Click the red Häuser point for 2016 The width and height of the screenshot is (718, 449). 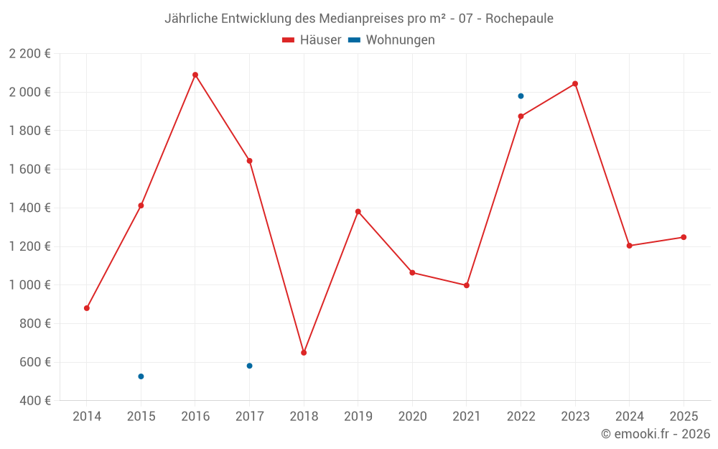[195, 75]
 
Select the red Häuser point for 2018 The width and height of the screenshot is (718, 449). [304, 353]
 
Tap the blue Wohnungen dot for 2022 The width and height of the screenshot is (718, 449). [521, 96]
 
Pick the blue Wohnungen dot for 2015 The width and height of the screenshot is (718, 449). [141, 376]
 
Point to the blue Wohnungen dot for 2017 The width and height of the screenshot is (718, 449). [249, 366]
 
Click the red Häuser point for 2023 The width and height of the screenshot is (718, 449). [575, 83]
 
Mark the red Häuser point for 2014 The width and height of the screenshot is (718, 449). [87, 308]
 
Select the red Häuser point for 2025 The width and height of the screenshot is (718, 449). [684, 237]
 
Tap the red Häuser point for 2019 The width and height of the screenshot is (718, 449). [358, 211]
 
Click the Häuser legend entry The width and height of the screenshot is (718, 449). [312, 40]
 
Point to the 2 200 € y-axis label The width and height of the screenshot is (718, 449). [29, 53]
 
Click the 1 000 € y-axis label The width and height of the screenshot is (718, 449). [29, 285]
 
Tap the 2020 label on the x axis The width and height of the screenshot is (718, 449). [412, 417]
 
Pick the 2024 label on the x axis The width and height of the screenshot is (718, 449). [629, 417]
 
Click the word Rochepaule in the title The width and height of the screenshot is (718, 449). [519, 19]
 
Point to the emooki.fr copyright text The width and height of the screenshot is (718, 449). [656, 434]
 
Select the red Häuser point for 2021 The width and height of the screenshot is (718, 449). [467, 285]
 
